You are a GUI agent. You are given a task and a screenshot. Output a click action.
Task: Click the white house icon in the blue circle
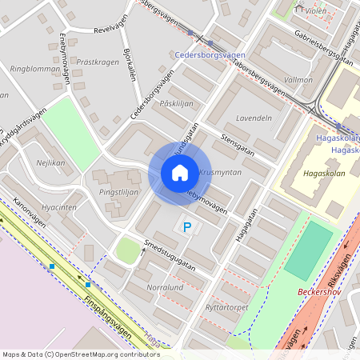pyautogui.click(x=179, y=173)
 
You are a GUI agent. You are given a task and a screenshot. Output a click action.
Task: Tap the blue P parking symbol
pyautogui.click(x=188, y=228)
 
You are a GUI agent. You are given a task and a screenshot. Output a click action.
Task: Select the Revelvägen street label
pyautogui.click(x=111, y=29)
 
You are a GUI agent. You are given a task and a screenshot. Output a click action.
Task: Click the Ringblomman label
pyautogui.click(x=30, y=70)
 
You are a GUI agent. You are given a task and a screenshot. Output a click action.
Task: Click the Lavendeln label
pyautogui.click(x=254, y=118)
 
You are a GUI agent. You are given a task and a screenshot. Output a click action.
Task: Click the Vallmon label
pyautogui.click(x=298, y=80)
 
